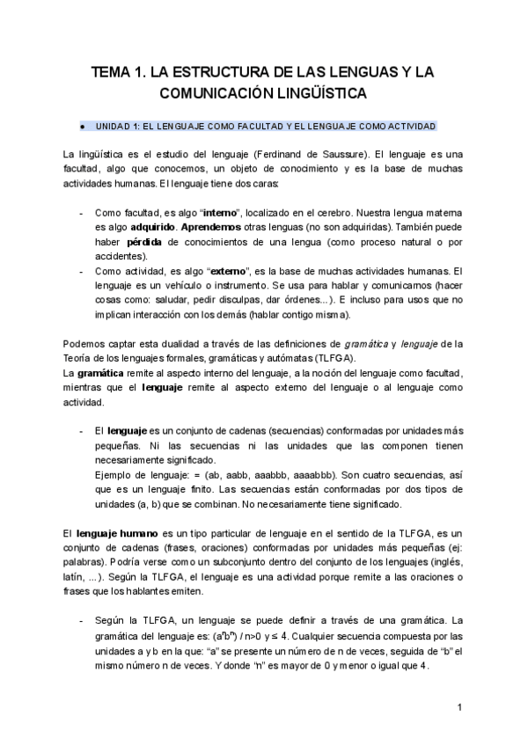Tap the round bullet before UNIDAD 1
tap(82, 125)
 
